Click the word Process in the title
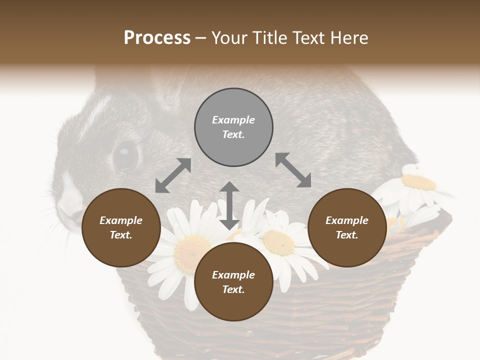click(157, 38)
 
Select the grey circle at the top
click(233, 127)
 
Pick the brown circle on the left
click(121, 228)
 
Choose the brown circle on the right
click(347, 228)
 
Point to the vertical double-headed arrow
click(229, 205)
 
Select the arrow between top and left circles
click(173, 175)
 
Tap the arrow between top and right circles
click(293, 170)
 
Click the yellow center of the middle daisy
click(278, 241)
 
